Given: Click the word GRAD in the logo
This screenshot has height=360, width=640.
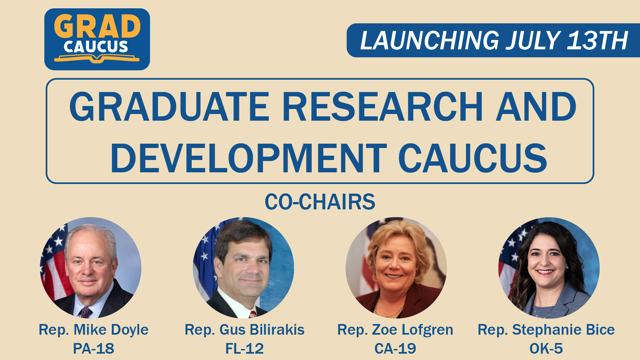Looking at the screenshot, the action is click(x=97, y=26).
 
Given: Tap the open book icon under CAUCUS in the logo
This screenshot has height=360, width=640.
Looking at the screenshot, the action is click(x=97, y=59).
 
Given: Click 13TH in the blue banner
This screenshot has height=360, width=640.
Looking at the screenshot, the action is click(x=598, y=40).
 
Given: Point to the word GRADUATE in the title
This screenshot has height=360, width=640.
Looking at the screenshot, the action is click(x=169, y=107).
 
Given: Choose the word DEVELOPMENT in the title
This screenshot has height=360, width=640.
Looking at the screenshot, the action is click(x=248, y=158).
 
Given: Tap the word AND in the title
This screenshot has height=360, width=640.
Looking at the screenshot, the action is click(x=536, y=107).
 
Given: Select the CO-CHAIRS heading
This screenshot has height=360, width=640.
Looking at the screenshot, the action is click(x=320, y=202).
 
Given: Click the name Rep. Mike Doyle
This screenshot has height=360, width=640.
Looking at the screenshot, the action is click(x=94, y=330).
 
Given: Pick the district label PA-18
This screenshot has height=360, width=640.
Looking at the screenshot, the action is click(x=94, y=349).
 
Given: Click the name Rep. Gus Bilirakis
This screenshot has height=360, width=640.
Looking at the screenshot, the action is click(x=245, y=330).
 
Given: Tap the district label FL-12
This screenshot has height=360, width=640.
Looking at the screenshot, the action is click(x=245, y=349).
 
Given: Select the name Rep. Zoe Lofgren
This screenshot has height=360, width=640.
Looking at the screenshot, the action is click(x=395, y=330).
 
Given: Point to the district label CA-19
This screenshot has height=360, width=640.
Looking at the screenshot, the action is click(x=395, y=349).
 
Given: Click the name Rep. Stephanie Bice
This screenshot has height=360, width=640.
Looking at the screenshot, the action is click(x=546, y=330).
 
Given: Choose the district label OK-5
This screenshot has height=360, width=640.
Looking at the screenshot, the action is click(x=546, y=349).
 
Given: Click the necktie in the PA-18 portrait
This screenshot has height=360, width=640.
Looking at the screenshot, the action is click(x=86, y=312).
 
